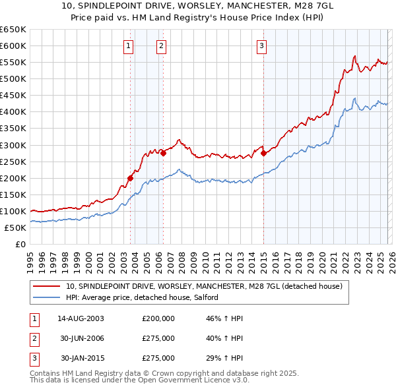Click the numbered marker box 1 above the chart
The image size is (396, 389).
tap(128, 45)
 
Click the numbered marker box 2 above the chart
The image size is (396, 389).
tap(161, 45)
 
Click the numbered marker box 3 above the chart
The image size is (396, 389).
tap(261, 45)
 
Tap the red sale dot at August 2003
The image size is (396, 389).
tap(130, 178)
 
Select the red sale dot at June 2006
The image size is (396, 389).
tap(164, 153)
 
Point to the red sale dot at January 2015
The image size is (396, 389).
tap(263, 153)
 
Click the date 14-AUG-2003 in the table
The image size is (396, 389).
tap(81, 318)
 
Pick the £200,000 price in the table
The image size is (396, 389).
tap(158, 318)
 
